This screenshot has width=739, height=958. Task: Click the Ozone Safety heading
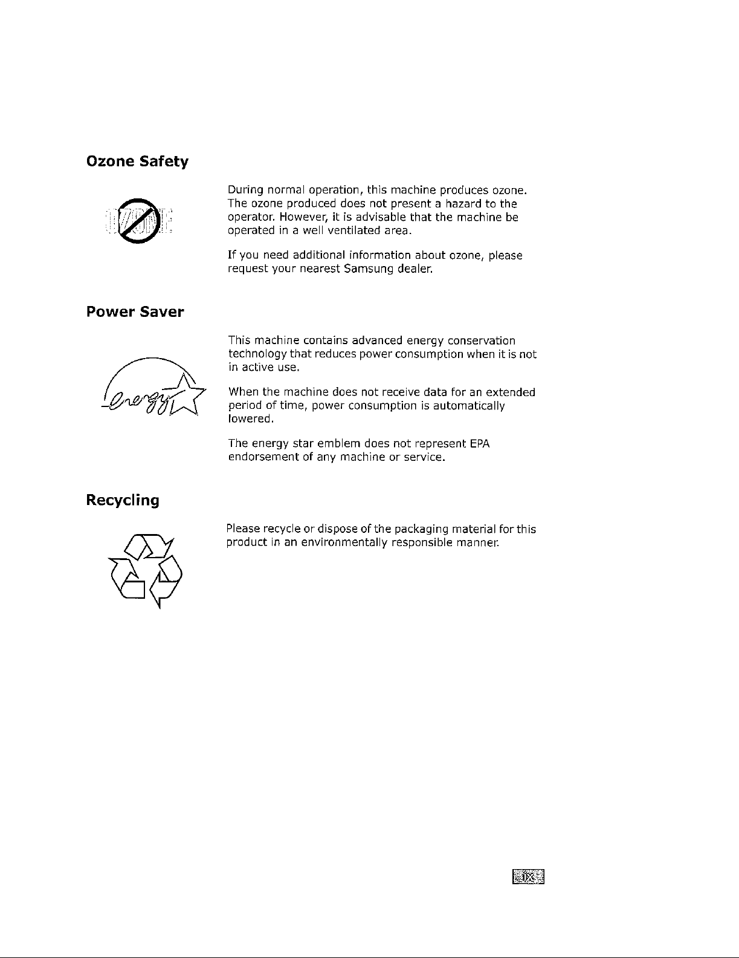point(138,162)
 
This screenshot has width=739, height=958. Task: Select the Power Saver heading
point(135,313)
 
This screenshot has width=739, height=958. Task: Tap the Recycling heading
point(123,501)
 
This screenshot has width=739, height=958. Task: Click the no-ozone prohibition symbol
point(138,221)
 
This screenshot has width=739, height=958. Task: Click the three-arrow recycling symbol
point(146,569)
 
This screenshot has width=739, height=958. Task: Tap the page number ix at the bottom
point(528,876)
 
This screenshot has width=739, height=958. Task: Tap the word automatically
point(469,405)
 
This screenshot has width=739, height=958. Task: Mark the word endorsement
point(263,457)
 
